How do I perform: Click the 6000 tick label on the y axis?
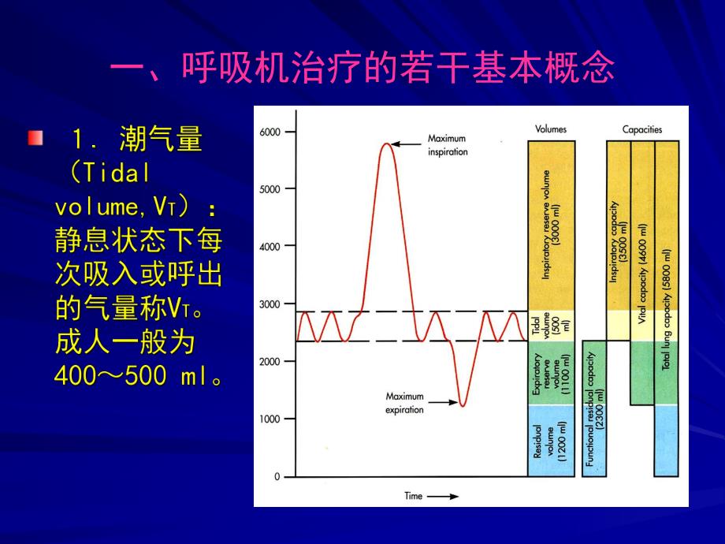[x=270, y=132]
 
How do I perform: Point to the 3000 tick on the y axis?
[x=270, y=304]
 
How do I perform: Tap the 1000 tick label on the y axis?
[x=270, y=419]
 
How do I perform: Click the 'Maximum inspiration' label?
[x=447, y=145]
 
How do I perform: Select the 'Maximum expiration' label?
[x=404, y=403]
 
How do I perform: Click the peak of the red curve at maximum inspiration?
[x=385, y=143]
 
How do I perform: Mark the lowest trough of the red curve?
[x=462, y=406]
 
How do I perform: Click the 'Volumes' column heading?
[x=550, y=129]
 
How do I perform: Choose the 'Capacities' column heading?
[x=642, y=129]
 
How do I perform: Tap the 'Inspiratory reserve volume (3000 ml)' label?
[x=551, y=225]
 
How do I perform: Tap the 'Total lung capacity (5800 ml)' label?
[x=667, y=307]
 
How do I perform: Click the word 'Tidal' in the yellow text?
[x=117, y=174]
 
